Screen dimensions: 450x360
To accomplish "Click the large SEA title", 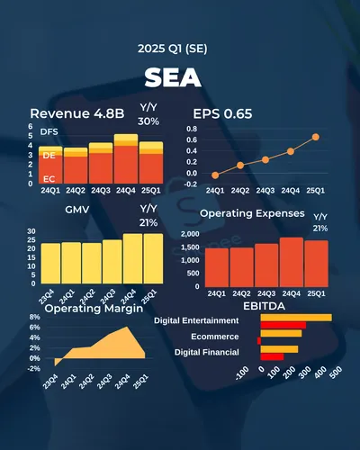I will (x=180, y=79).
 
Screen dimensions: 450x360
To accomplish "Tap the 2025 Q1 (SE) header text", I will (x=180, y=48).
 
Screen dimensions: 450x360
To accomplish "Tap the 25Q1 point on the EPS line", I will (x=316, y=137).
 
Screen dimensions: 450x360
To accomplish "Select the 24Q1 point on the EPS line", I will (x=215, y=175).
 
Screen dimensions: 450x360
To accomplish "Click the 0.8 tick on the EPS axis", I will (x=191, y=129).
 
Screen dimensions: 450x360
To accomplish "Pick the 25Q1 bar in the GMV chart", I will (x=153, y=258).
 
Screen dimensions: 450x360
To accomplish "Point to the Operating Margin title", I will (x=94, y=309).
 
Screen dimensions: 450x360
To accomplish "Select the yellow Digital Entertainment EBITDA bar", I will (x=296, y=318).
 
